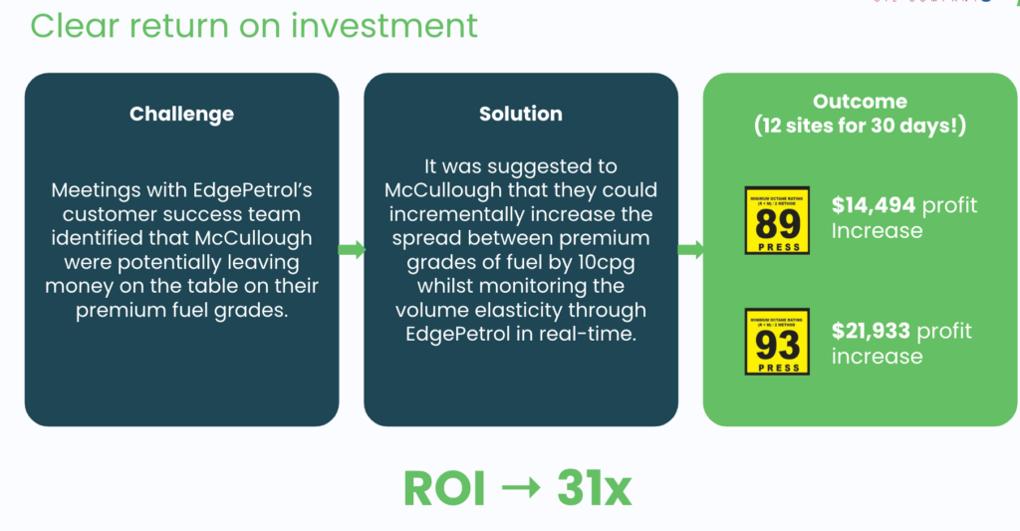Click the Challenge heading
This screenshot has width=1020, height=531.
click(181, 114)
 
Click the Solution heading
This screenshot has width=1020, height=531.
click(520, 114)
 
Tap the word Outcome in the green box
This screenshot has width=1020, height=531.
click(860, 102)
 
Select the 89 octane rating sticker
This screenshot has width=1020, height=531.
click(777, 220)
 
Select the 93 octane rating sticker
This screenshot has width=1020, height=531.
click(777, 342)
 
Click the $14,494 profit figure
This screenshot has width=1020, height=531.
click(873, 206)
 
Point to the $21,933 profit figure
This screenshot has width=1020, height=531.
click(873, 332)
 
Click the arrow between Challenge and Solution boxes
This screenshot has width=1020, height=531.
click(352, 249)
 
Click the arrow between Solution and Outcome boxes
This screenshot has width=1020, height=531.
click(690, 249)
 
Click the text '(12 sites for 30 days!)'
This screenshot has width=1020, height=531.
click(860, 127)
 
